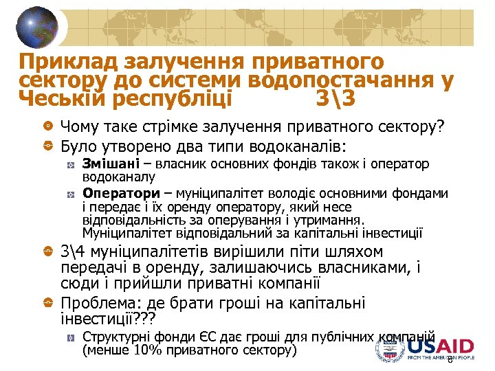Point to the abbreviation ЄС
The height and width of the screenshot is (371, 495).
click(x=194, y=337)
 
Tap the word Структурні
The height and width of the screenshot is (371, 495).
click(x=113, y=337)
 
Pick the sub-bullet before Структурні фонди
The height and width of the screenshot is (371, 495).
click(x=71, y=337)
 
